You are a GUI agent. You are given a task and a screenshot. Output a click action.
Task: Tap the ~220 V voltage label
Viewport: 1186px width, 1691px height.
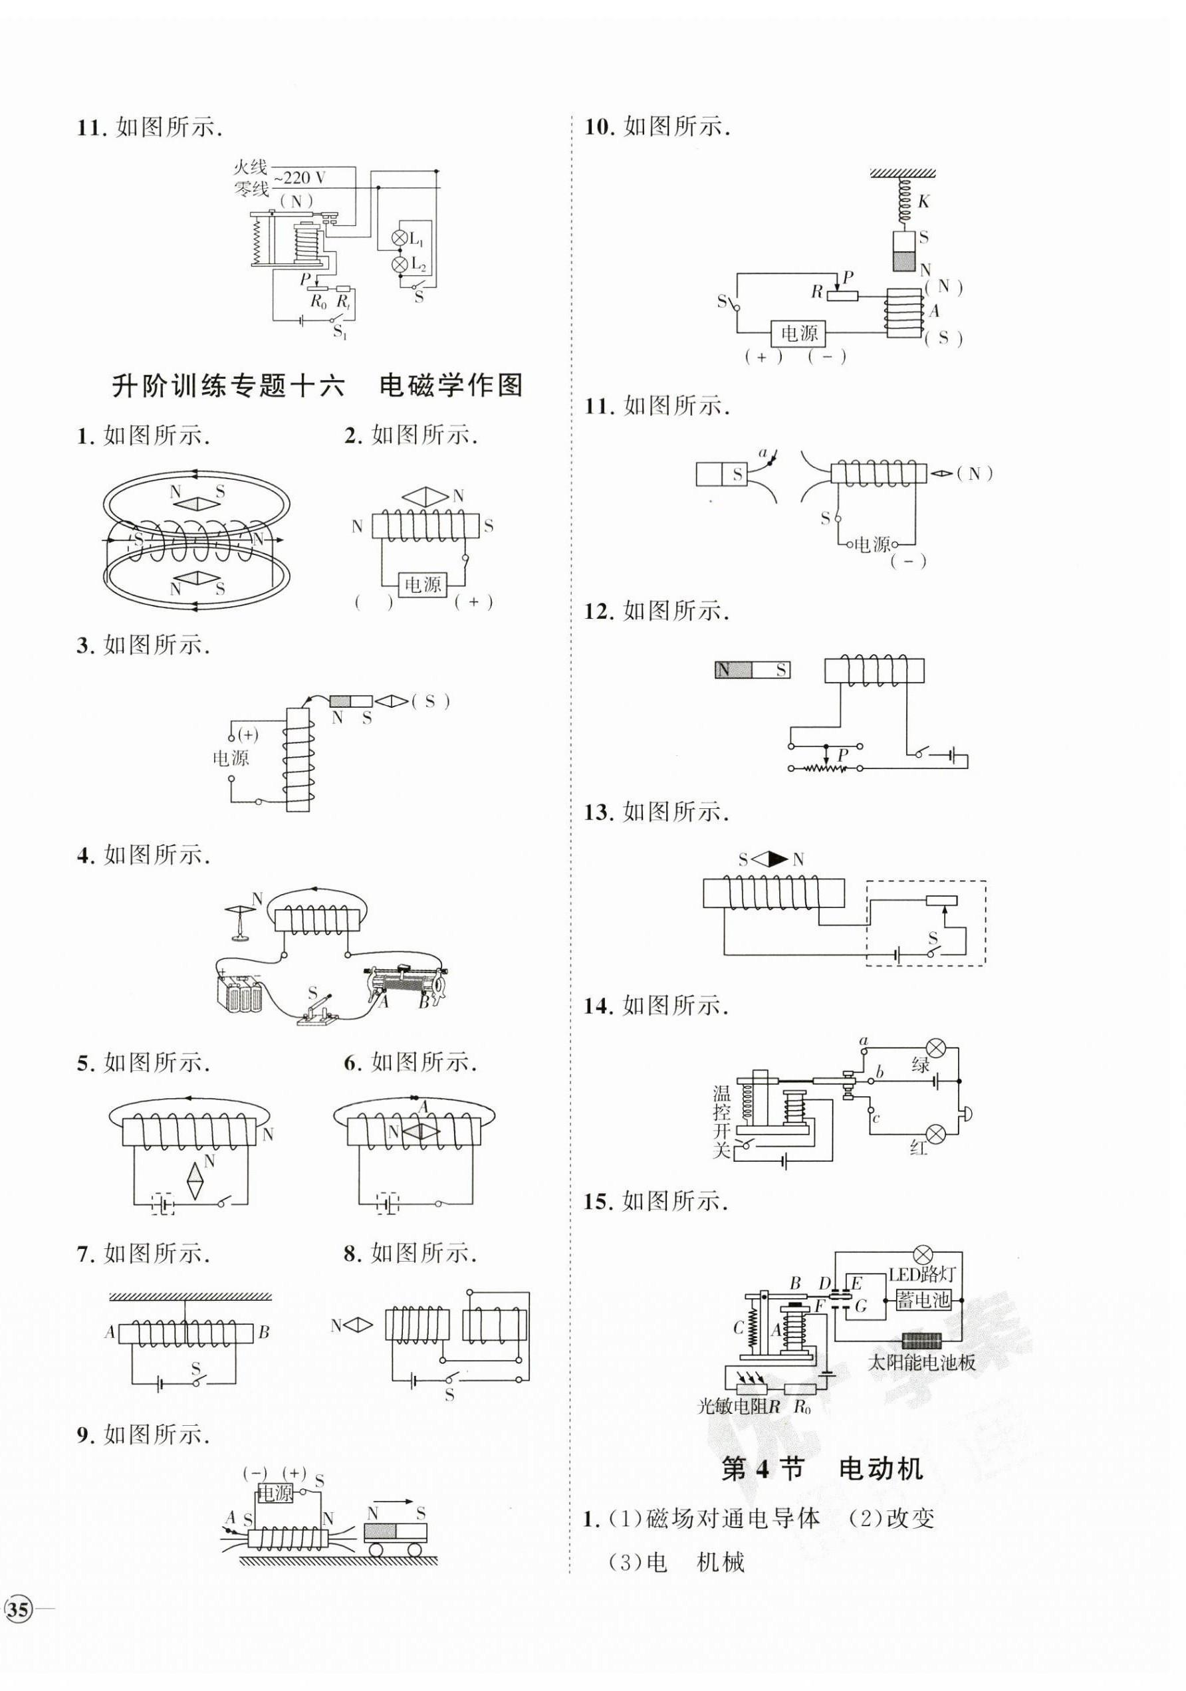300,177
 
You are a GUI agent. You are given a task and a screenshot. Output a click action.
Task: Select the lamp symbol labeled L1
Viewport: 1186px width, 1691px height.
400,238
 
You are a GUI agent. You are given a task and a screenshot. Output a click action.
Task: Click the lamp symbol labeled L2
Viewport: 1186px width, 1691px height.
400,264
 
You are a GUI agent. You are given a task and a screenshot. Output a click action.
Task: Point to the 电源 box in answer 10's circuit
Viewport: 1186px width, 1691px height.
798,334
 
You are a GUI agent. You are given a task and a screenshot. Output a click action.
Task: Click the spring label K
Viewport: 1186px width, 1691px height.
924,201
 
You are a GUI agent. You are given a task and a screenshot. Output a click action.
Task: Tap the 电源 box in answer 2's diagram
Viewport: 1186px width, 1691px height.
422,585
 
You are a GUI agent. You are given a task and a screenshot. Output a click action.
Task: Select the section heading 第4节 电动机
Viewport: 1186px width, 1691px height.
822,1469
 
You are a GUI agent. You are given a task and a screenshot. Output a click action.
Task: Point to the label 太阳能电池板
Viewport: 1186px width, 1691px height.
921,1362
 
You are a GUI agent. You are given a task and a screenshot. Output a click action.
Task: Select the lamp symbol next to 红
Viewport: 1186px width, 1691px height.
935,1133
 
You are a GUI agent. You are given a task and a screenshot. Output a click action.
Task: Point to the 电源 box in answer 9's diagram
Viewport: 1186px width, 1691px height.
275,1493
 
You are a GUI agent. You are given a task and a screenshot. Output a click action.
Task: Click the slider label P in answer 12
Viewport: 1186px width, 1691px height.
843,754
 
